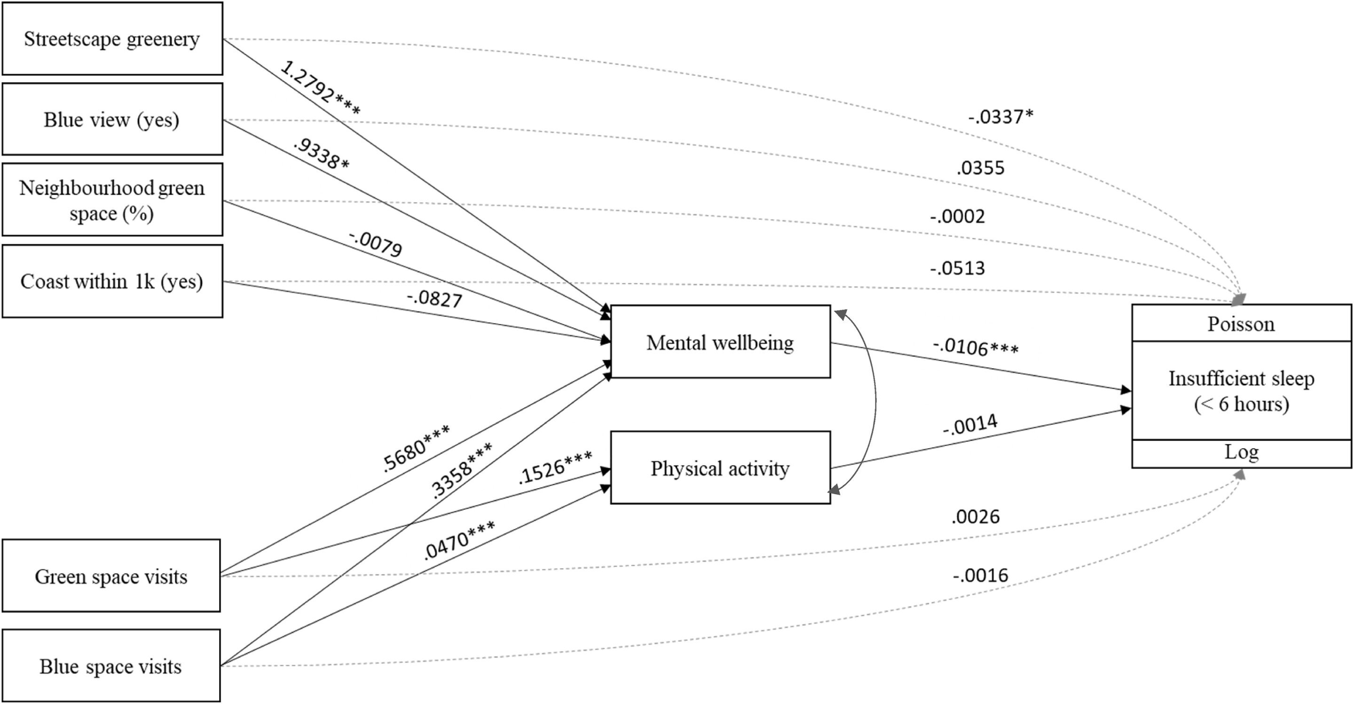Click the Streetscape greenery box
(112, 39)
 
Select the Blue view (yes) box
(112, 119)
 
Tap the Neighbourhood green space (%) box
(112, 200)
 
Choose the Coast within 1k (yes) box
(112, 281)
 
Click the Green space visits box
(111, 576)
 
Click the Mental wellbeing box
(720, 342)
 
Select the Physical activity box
(720, 468)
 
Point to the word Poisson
(1241, 324)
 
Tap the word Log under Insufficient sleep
(1241, 452)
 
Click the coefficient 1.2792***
(320, 88)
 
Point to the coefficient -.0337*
(1001, 117)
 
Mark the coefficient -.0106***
(976, 347)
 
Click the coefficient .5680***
(415, 449)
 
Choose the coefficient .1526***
(555, 467)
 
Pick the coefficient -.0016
(980, 576)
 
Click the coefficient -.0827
(434, 299)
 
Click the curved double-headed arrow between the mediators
(875, 402)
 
